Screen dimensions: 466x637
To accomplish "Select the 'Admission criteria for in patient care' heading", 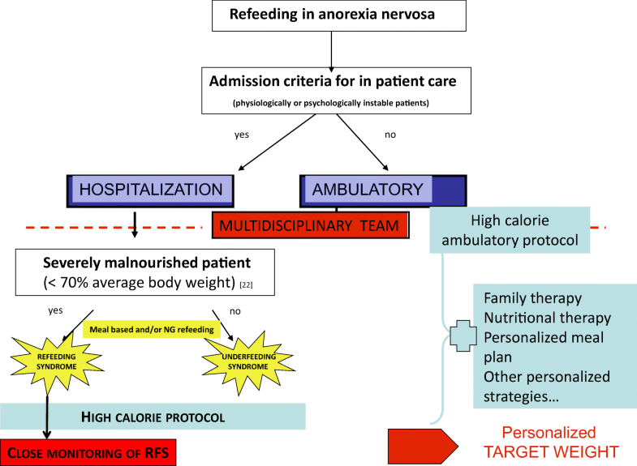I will pos(333,80).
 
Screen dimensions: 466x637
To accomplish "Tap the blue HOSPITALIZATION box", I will pos(150,190).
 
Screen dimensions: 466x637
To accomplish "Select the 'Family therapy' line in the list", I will pos(532,298).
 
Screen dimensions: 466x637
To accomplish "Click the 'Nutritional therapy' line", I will pos(547,318).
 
